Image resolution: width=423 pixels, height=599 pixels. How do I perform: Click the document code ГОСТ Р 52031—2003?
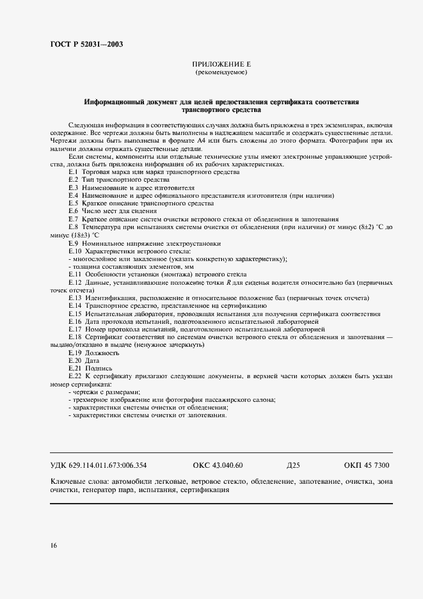[x=86, y=44]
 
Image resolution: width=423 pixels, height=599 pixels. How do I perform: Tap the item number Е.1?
[x=73, y=172]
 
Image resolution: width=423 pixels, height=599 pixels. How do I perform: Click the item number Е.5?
[x=73, y=203]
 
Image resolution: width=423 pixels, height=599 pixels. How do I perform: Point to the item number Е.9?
[x=73, y=243]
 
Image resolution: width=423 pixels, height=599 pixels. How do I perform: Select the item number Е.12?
[x=75, y=283]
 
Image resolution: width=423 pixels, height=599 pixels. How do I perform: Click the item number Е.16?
[x=75, y=321]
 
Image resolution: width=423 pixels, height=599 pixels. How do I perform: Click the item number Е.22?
[x=75, y=376]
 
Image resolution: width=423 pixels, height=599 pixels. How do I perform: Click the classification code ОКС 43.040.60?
[x=218, y=465]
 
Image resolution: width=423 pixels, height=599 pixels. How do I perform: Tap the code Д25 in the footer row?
[x=294, y=465]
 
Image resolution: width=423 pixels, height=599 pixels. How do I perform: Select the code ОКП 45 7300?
[x=366, y=465]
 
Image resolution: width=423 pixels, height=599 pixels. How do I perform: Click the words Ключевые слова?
[x=77, y=481]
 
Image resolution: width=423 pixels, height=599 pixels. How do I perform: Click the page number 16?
[x=54, y=546]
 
